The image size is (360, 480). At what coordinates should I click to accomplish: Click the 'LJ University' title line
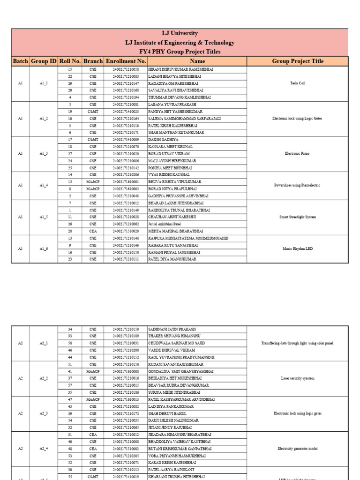pos(180,34)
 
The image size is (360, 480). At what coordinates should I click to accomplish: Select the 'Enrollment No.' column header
pos(126,61)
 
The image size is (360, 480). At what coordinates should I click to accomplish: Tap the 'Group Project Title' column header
pos(297,61)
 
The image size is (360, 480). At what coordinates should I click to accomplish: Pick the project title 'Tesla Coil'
pos(297,83)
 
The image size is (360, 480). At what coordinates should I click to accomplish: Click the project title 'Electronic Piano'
pos(297,154)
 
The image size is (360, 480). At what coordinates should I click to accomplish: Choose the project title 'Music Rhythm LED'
pos(297,248)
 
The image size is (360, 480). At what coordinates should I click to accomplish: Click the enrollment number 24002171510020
pos(126,231)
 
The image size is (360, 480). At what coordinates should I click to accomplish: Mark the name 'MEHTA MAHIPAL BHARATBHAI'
pos(176,231)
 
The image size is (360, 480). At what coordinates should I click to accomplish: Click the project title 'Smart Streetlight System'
pos(297,217)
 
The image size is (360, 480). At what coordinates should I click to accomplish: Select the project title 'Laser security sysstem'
pos(297,378)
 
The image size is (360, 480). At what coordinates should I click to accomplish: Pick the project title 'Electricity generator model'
pos(297,449)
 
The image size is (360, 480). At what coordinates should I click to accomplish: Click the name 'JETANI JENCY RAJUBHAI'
pos(171,427)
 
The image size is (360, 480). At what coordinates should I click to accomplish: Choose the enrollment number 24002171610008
pos(126,371)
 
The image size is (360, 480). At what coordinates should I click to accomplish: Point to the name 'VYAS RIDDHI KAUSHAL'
pos(170,175)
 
